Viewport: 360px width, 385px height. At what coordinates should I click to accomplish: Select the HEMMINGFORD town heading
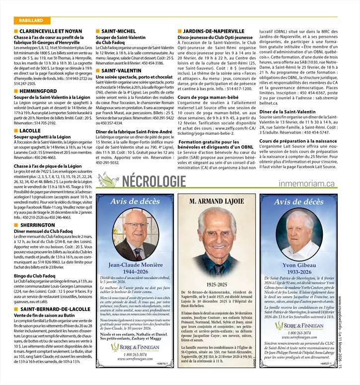[x=40, y=92]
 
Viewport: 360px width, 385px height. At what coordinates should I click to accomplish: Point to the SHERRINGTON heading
[x=38, y=225]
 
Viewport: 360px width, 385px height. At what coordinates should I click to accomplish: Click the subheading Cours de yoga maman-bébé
[x=207, y=97]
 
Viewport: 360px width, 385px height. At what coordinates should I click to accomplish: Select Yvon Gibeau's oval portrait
[x=298, y=235]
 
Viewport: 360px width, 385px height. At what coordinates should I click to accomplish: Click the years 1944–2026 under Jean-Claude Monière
[x=135, y=272]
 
